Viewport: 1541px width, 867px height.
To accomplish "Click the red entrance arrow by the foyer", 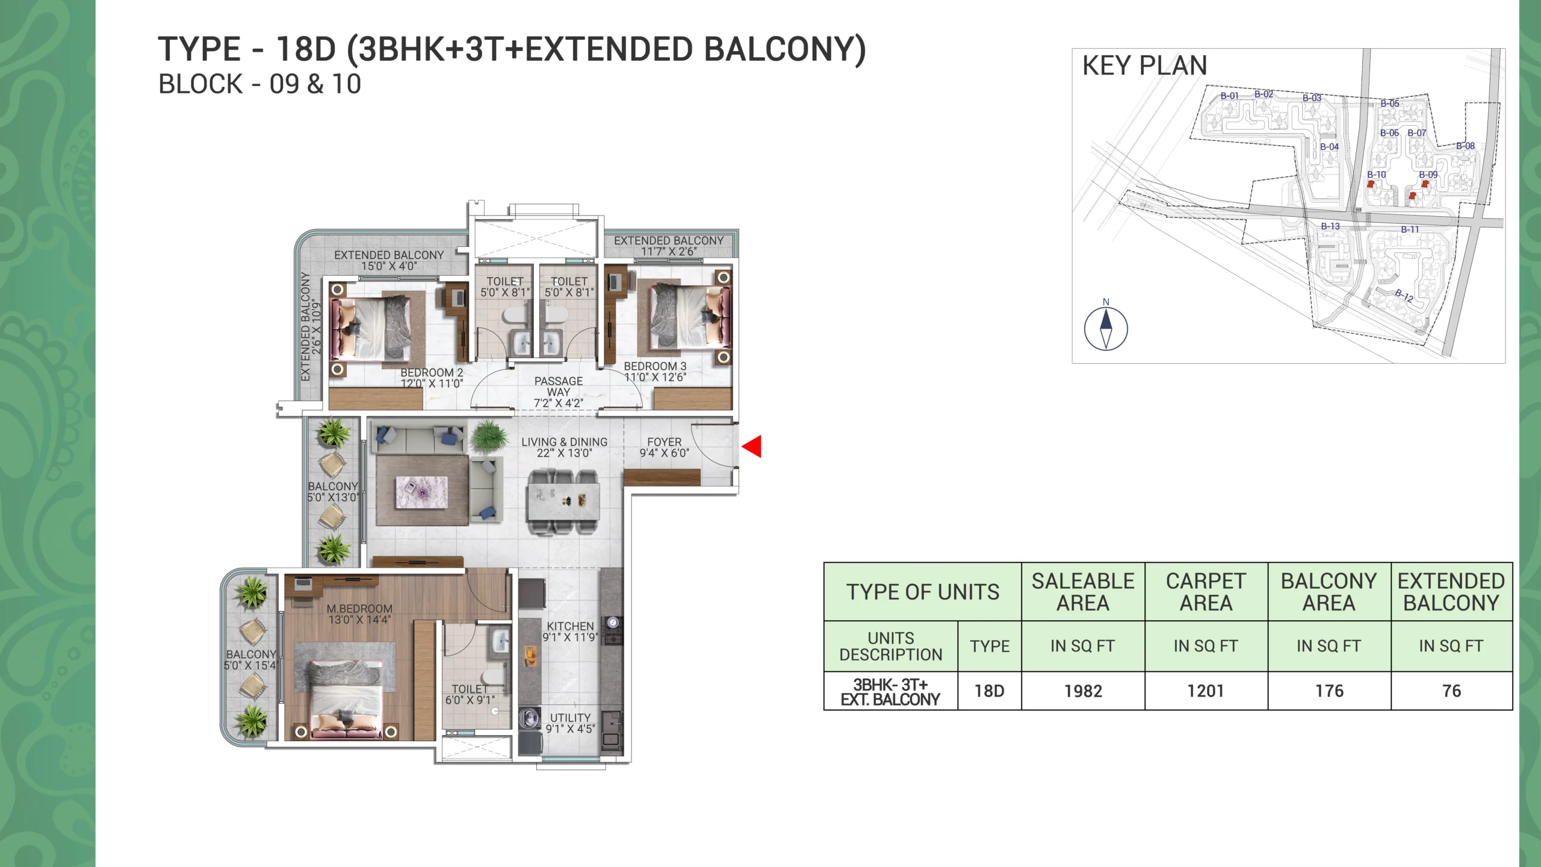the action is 752,447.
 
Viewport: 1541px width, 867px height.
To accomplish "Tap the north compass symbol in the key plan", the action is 1106,328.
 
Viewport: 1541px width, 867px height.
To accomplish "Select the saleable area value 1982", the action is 1083,691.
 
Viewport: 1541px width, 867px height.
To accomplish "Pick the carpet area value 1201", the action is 1206,691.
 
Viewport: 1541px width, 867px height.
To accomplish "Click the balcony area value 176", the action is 1329,691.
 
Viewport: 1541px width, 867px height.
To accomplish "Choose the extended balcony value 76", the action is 1451,691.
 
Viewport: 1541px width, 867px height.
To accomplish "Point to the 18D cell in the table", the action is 990,691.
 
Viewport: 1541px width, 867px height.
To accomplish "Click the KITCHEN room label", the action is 570,626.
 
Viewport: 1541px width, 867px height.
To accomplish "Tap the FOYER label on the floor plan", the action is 665,442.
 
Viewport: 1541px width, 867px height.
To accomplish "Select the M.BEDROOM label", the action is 359,609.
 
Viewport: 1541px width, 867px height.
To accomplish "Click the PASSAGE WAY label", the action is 559,387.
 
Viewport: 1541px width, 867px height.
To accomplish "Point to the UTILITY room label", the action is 570,718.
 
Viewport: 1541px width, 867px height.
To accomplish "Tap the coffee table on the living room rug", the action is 421,493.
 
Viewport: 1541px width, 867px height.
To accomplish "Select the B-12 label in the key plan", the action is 1404,295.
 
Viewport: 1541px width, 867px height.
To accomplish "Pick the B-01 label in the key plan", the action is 1230,96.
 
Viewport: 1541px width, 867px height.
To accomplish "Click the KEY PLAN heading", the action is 1144,66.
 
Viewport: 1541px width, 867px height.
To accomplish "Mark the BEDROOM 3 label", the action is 655,366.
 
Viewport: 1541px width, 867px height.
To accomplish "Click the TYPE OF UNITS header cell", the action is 923,592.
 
